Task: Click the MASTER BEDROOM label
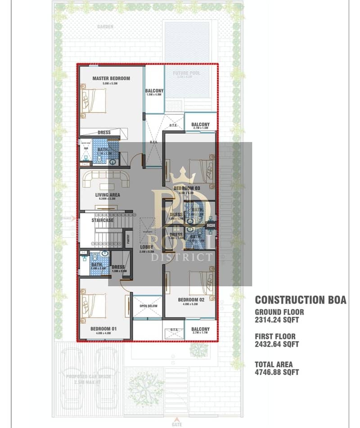point(111,78)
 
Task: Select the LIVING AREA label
point(107,195)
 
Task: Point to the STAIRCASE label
point(102,221)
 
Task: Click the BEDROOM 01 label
point(103,329)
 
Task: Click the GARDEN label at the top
point(105,27)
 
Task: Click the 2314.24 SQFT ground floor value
point(277,320)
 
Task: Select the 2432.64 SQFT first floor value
point(277,345)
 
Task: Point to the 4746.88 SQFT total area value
point(277,372)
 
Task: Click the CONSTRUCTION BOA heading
point(300,300)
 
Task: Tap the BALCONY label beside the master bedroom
point(154,91)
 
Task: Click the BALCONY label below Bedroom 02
point(200,329)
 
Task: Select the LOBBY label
point(146,247)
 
